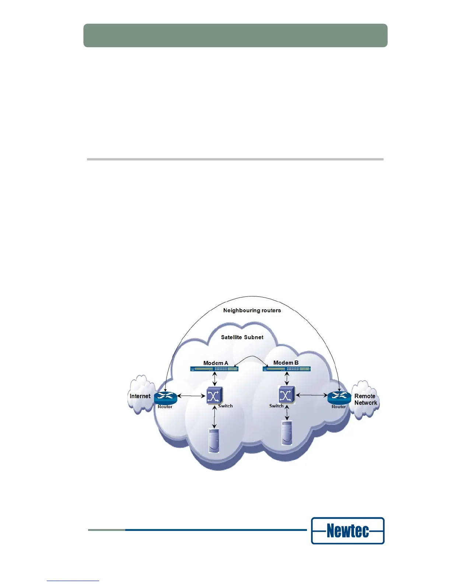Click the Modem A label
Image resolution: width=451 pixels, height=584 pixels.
pyautogui.click(x=216, y=363)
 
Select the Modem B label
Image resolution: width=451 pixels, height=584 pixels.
pyautogui.click(x=286, y=362)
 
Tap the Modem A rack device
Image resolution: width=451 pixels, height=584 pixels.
pyautogui.click(x=214, y=369)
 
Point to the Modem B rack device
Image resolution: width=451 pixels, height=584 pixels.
pyautogui.click(x=287, y=369)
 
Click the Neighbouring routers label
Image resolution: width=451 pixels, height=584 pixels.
pyautogui.click(x=252, y=310)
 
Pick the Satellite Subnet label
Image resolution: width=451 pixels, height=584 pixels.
pyautogui.click(x=242, y=337)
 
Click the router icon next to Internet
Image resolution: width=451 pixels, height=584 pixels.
pyautogui.click(x=165, y=397)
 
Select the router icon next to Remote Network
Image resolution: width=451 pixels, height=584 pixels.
pyautogui.click(x=339, y=397)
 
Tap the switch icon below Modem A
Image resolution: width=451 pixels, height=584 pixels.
pyautogui.click(x=214, y=396)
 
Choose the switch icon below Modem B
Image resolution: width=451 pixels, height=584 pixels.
pyautogui.click(x=286, y=396)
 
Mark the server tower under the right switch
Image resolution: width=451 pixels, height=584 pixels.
pyautogui.click(x=287, y=433)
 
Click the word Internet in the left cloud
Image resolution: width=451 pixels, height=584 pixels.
pyautogui.click(x=140, y=396)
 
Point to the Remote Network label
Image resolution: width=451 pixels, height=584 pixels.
pyautogui.click(x=365, y=399)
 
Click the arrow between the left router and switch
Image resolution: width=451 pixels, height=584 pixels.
pyautogui.click(x=191, y=396)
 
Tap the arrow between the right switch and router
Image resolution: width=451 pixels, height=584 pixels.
pyautogui.click(x=312, y=396)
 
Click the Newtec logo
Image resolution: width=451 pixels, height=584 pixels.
pyautogui.click(x=347, y=531)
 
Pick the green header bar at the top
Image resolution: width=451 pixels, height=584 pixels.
pyautogui.click(x=235, y=35)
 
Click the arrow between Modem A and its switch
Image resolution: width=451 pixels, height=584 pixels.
pyautogui.click(x=214, y=379)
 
